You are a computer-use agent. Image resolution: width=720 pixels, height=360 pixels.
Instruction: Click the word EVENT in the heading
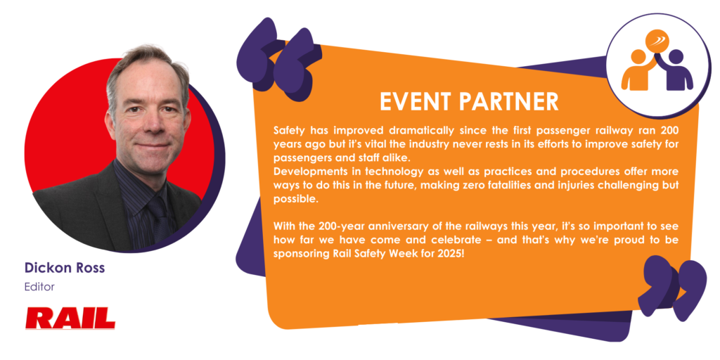pos(416,102)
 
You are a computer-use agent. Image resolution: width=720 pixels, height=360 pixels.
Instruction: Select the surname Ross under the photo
pos(90,268)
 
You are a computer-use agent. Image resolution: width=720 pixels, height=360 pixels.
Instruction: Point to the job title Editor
pos(39,287)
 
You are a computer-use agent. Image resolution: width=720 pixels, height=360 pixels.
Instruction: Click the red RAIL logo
pos(70,319)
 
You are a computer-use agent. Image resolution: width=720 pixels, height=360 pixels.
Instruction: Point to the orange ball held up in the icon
pos(657,41)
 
